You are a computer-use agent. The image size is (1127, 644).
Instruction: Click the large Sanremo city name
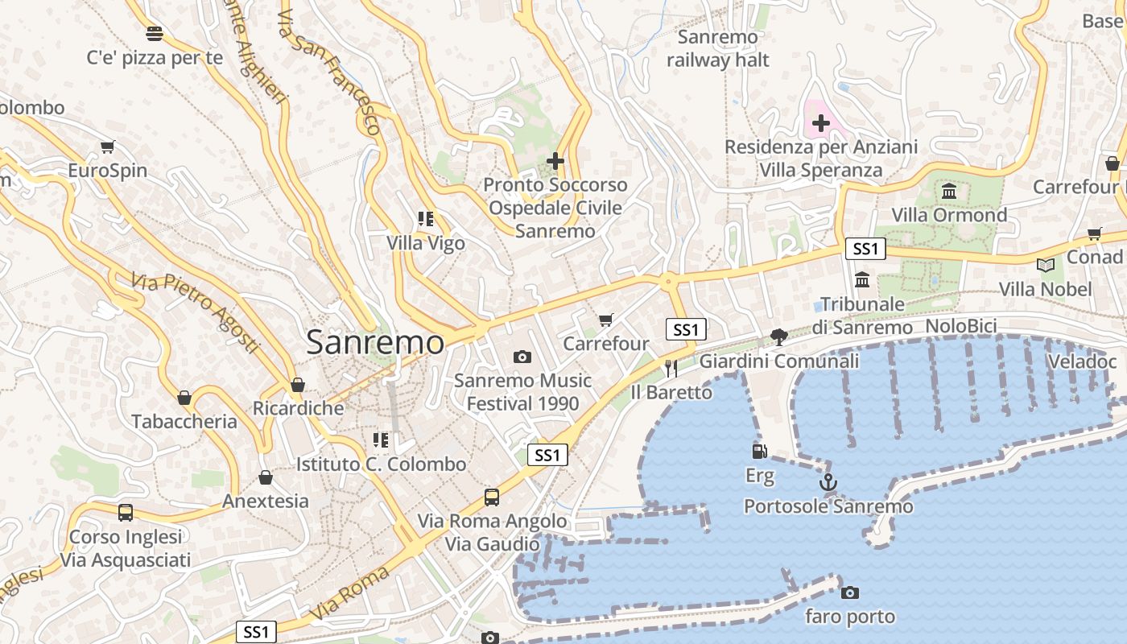tap(375, 343)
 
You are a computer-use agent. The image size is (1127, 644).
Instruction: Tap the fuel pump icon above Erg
tap(758, 452)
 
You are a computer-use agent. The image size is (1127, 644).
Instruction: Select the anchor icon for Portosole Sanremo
tap(828, 482)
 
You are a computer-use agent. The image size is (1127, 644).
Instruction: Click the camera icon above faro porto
tap(849, 593)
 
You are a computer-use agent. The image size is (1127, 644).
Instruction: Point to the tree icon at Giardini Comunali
tap(778, 337)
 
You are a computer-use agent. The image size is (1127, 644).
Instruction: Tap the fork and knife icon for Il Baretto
tap(671, 368)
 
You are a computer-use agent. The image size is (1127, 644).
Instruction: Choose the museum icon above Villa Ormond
tap(949, 192)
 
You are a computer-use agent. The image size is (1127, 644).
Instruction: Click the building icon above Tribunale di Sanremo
tap(862, 280)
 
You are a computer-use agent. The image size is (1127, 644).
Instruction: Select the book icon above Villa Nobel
tap(1045, 265)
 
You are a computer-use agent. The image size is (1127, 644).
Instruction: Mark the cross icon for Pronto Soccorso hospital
tap(555, 161)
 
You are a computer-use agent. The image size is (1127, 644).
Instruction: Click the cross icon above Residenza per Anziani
tap(821, 124)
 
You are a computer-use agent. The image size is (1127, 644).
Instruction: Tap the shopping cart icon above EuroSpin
tap(107, 147)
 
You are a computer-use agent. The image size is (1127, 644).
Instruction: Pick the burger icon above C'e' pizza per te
tap(155, 34)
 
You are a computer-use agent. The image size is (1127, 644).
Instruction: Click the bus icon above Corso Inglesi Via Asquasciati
tap(126, 513)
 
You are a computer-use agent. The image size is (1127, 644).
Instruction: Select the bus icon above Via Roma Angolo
tap(492, 497)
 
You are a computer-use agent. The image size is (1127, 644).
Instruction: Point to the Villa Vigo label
tap(426, 242)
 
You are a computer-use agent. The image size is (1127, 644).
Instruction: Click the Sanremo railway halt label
tap(718, 48)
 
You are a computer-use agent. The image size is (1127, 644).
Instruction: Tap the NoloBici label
tap(961, 326)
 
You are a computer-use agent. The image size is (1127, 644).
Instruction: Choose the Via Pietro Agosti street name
tap(196, 312)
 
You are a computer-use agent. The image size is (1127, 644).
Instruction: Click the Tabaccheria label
tap(184, 421)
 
